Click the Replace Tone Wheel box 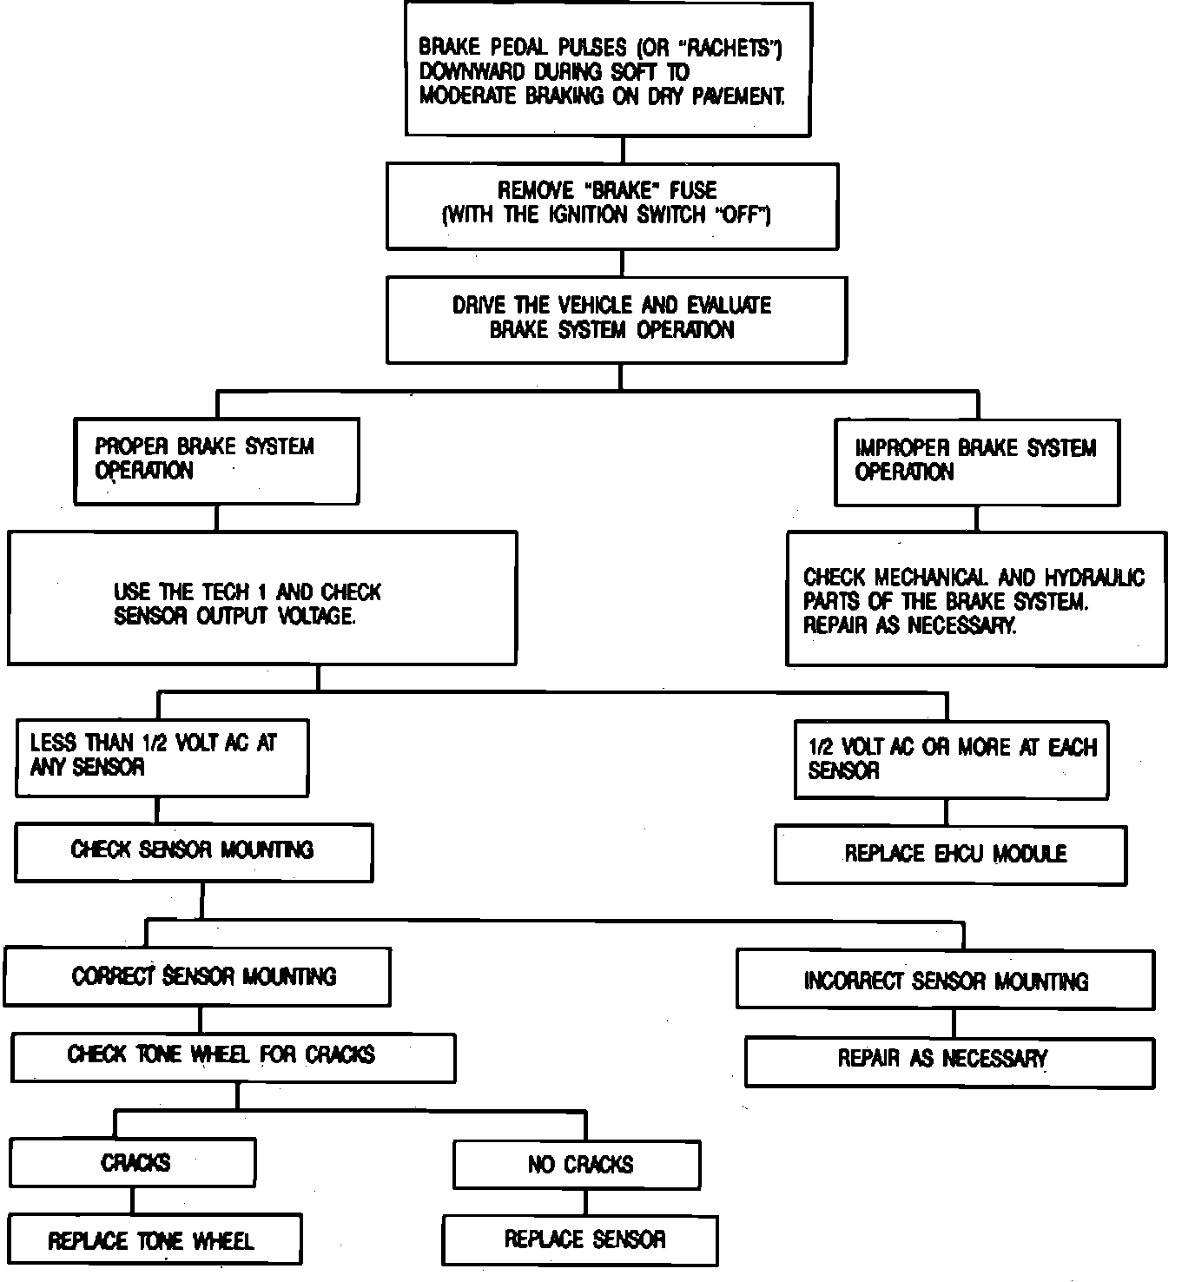[155, 1239]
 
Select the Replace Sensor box [580, 1239]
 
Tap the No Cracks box [577, 1164]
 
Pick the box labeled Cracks [133, 1163]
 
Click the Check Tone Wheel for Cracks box [233, 1057]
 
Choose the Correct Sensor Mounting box [197, 976]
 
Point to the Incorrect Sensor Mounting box [945, 981]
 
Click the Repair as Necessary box [949, 1061]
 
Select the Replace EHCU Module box [950, 855]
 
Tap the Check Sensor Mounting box [194, 851]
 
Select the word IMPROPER [902, 448]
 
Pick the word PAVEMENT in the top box [737, 96]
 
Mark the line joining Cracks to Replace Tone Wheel [133, 1200]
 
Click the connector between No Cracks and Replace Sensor [585, 1202]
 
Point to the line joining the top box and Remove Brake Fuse [622, 150]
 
